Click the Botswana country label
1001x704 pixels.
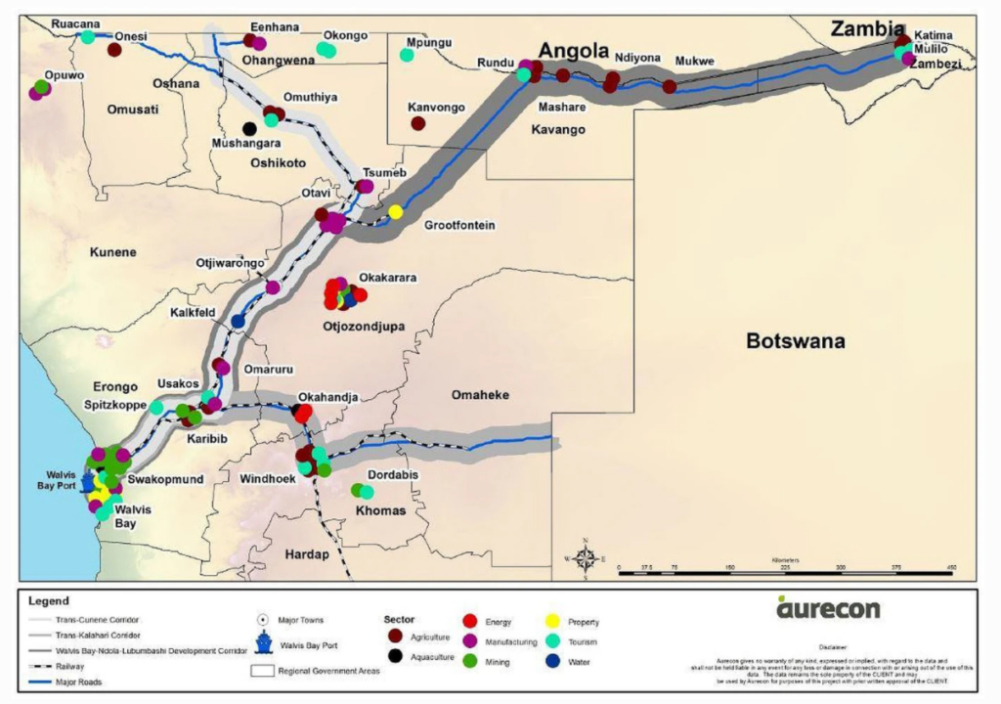795,341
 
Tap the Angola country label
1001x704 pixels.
575,51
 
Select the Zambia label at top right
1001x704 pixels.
863,29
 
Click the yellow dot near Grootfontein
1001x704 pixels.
395,212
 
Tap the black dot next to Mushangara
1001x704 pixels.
249,128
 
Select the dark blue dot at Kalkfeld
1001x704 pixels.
238,321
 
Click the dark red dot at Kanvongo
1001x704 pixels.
418,123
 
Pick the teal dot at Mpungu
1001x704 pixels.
407,55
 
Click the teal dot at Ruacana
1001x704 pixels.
88,37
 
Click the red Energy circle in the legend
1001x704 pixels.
469,621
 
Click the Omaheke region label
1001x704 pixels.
478,393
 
